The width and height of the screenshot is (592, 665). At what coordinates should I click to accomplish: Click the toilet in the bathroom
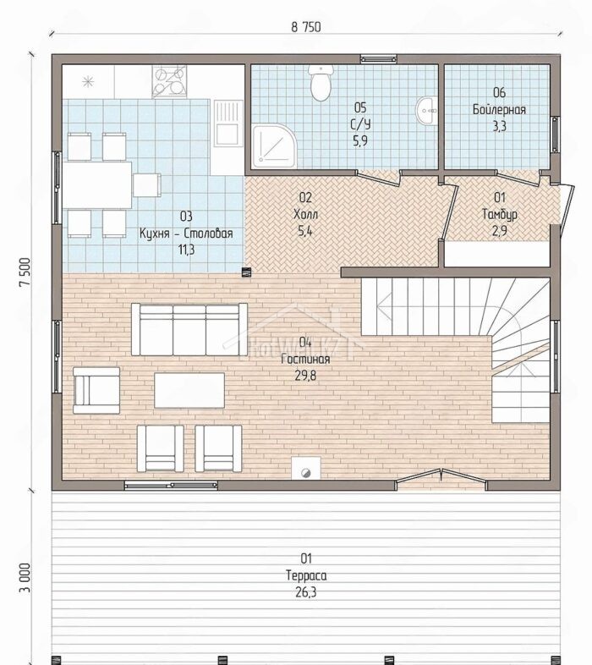click(x=321, y=83)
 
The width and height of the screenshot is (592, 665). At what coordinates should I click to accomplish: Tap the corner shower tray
click(x=274, y=146)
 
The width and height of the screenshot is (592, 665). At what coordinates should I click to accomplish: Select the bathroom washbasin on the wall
click(x=426, y=111)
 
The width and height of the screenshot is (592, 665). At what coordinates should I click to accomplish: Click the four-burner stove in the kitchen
click(x=169, y=80)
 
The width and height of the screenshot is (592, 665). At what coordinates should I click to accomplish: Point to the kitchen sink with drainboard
click(x=227, y=123)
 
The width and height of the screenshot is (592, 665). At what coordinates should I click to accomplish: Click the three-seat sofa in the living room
click(x=189, y=329)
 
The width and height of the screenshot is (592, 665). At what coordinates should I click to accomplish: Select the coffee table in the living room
click(x=189, y=390)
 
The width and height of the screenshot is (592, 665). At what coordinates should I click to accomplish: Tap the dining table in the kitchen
click(x=97, y=185)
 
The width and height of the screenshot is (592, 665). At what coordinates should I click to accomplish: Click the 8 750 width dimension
click(x=306, y=27)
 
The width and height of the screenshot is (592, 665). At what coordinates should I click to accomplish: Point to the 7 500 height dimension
click(x=25, y=272)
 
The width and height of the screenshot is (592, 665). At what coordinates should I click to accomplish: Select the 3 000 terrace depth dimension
click(x=25, y=578)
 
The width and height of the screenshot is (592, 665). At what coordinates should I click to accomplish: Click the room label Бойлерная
click(x=499, y=109)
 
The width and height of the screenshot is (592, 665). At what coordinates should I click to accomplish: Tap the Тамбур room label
click(x=500, y=214)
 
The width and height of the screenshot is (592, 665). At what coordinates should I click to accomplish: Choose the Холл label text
click(x=305, y=214)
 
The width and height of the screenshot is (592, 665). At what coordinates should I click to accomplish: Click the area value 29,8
click(x=305, y=376)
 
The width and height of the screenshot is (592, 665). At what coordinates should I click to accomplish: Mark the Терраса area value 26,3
click(x=306, y=592)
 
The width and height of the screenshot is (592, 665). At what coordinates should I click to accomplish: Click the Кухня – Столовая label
click(x=186, y=234)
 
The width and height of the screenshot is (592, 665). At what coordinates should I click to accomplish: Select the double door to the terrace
click(x=441, y=478)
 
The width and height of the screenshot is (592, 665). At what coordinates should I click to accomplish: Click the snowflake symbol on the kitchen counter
click(x=88, y=81)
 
